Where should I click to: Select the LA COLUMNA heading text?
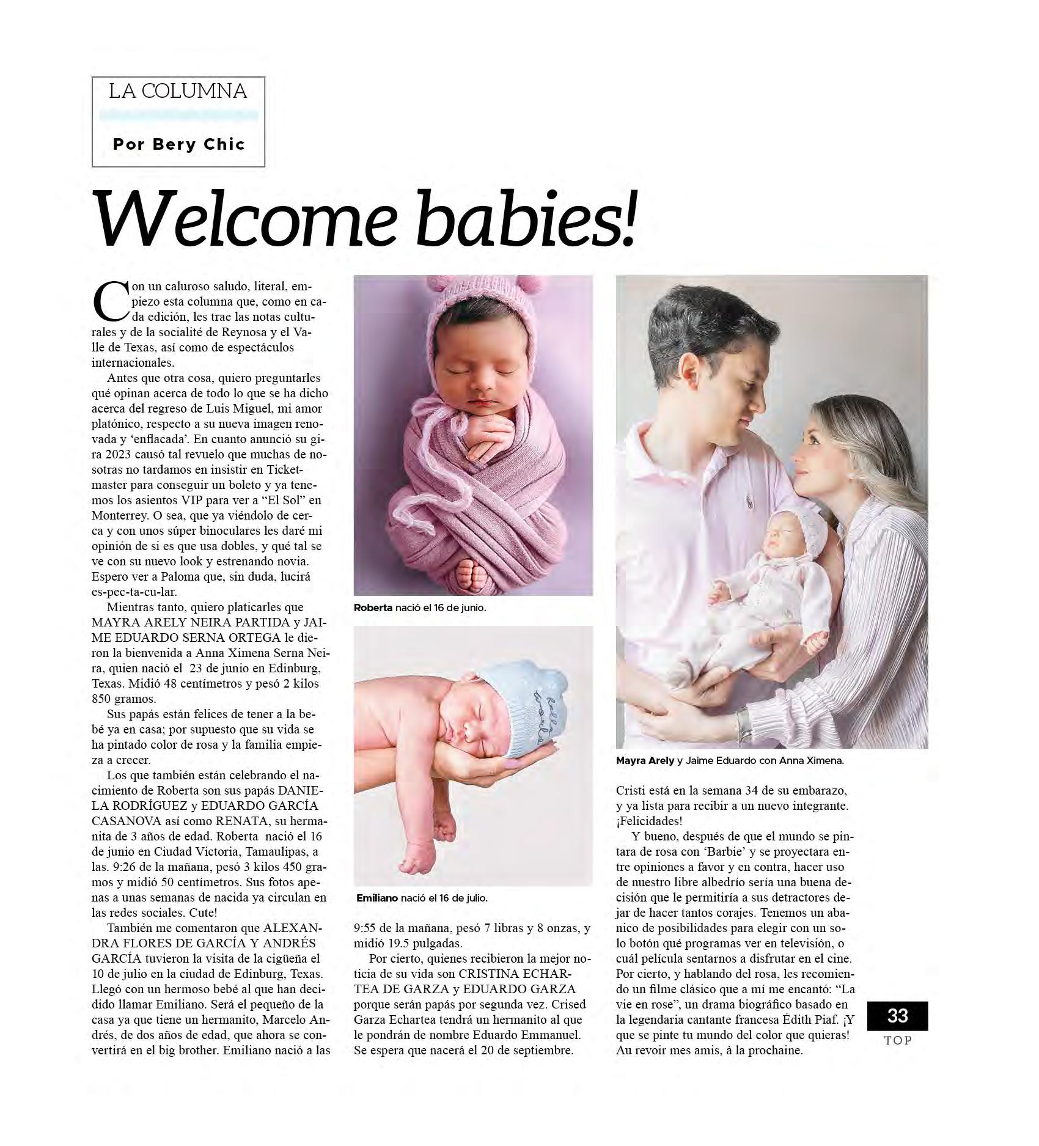coord(178,92)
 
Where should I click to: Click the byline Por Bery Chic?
coord(178,145)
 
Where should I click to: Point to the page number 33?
coord(897,1015)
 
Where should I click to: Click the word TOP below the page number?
coord(897,1041)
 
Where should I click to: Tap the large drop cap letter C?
coord(108,301)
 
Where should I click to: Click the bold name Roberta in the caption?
coord(373,608)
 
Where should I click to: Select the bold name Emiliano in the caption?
coord(377,898)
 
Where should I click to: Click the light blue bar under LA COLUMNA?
coord(178,115)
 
